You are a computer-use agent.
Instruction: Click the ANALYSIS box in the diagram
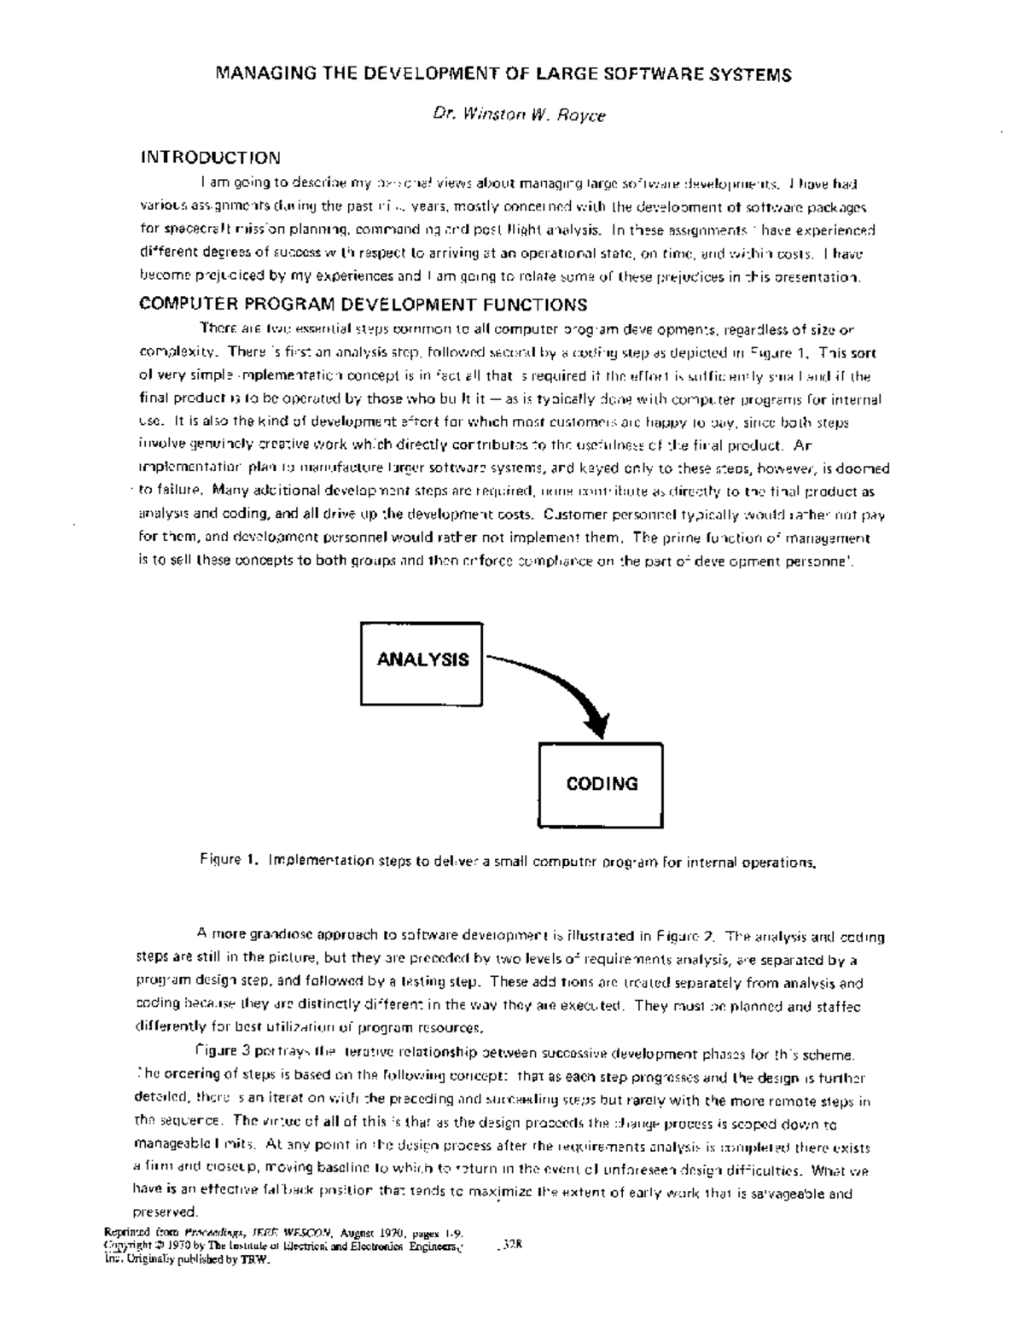(x=422, y=660)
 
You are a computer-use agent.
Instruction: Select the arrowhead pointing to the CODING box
(x=598, y=724)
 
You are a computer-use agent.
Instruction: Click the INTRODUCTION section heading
(x=210, y=158)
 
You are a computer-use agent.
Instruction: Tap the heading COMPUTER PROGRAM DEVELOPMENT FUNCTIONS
(x=363, y=305)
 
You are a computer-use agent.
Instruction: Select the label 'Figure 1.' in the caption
(x=229, y=860)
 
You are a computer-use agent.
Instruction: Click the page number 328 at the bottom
(x=512, y=1244)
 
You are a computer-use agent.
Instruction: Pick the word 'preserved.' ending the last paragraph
(x=166, y=1212)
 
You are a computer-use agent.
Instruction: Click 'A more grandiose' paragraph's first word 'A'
(x=202, y=936)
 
